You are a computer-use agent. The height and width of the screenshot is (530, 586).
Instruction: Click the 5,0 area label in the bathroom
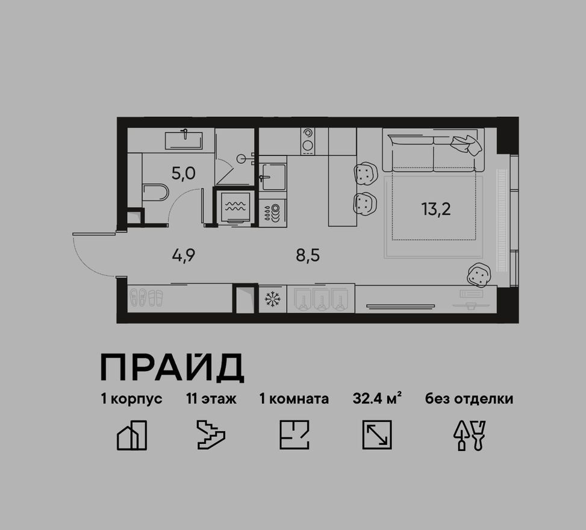[184, 173]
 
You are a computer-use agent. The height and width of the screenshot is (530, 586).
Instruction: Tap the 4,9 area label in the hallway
[184, 255]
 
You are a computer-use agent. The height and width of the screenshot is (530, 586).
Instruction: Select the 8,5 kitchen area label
[308, 255]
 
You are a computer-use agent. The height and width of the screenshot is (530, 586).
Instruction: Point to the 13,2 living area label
[436, 209]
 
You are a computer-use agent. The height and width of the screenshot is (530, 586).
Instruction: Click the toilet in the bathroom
[155, 192]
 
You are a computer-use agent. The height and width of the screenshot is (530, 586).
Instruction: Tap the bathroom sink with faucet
[184, 140]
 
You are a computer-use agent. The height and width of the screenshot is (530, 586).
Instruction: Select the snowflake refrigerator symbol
[272, 299]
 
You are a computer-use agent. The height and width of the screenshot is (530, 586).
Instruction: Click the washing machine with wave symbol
[235, 207]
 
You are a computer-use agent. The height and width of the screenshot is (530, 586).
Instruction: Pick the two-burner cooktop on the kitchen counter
[308, 141]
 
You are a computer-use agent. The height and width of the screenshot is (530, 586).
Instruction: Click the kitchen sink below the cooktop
[273, 176]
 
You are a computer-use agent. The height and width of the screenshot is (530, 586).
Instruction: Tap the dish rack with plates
[273, 212]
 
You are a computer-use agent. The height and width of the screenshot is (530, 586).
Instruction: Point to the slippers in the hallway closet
[146, 298]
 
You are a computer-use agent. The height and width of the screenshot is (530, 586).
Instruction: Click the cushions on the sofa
[466, 144]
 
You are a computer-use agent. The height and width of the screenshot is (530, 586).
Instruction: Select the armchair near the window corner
[479, 275]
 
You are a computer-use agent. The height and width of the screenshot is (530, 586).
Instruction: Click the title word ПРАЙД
[172, 368]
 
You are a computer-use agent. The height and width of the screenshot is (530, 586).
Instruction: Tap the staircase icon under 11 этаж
[211, 435]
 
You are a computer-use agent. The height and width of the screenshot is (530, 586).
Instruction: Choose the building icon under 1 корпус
[132, 435]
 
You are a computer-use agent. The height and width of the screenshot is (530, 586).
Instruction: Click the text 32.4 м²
[377, 399]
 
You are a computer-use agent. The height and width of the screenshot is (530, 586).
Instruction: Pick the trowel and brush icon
[470, 435]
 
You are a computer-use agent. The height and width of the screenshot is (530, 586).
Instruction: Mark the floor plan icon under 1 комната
[295, 435]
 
